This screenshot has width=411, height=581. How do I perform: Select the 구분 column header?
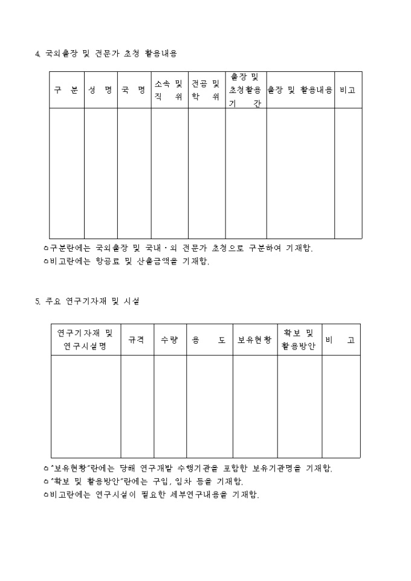click(x=66, y=90)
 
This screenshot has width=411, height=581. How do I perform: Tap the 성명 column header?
click(x=100, y=90)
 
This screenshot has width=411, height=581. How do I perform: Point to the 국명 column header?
click(x=134, y=90)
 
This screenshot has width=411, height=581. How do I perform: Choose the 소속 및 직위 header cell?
click(x=169, y=90)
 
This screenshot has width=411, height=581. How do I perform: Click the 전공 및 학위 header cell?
click(x=206, y=90)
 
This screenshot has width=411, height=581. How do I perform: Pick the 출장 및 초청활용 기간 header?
click(x=245, y=90)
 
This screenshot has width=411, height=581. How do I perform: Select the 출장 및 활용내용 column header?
click(x=300, y=90)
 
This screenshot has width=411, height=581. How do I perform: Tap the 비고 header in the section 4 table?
click(x=348, y=90)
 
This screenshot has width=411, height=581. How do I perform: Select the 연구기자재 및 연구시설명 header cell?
click(x=85, y=340)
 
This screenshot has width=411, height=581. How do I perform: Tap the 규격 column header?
click(x=137, y=340)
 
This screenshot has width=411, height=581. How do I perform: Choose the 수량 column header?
click(x=169, y=340)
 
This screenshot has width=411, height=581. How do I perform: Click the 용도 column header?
click(x=209, y=340)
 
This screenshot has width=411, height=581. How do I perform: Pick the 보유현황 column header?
click(x=254, y=340)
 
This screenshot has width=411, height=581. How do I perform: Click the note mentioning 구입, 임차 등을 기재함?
click(x=144, y=481)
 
